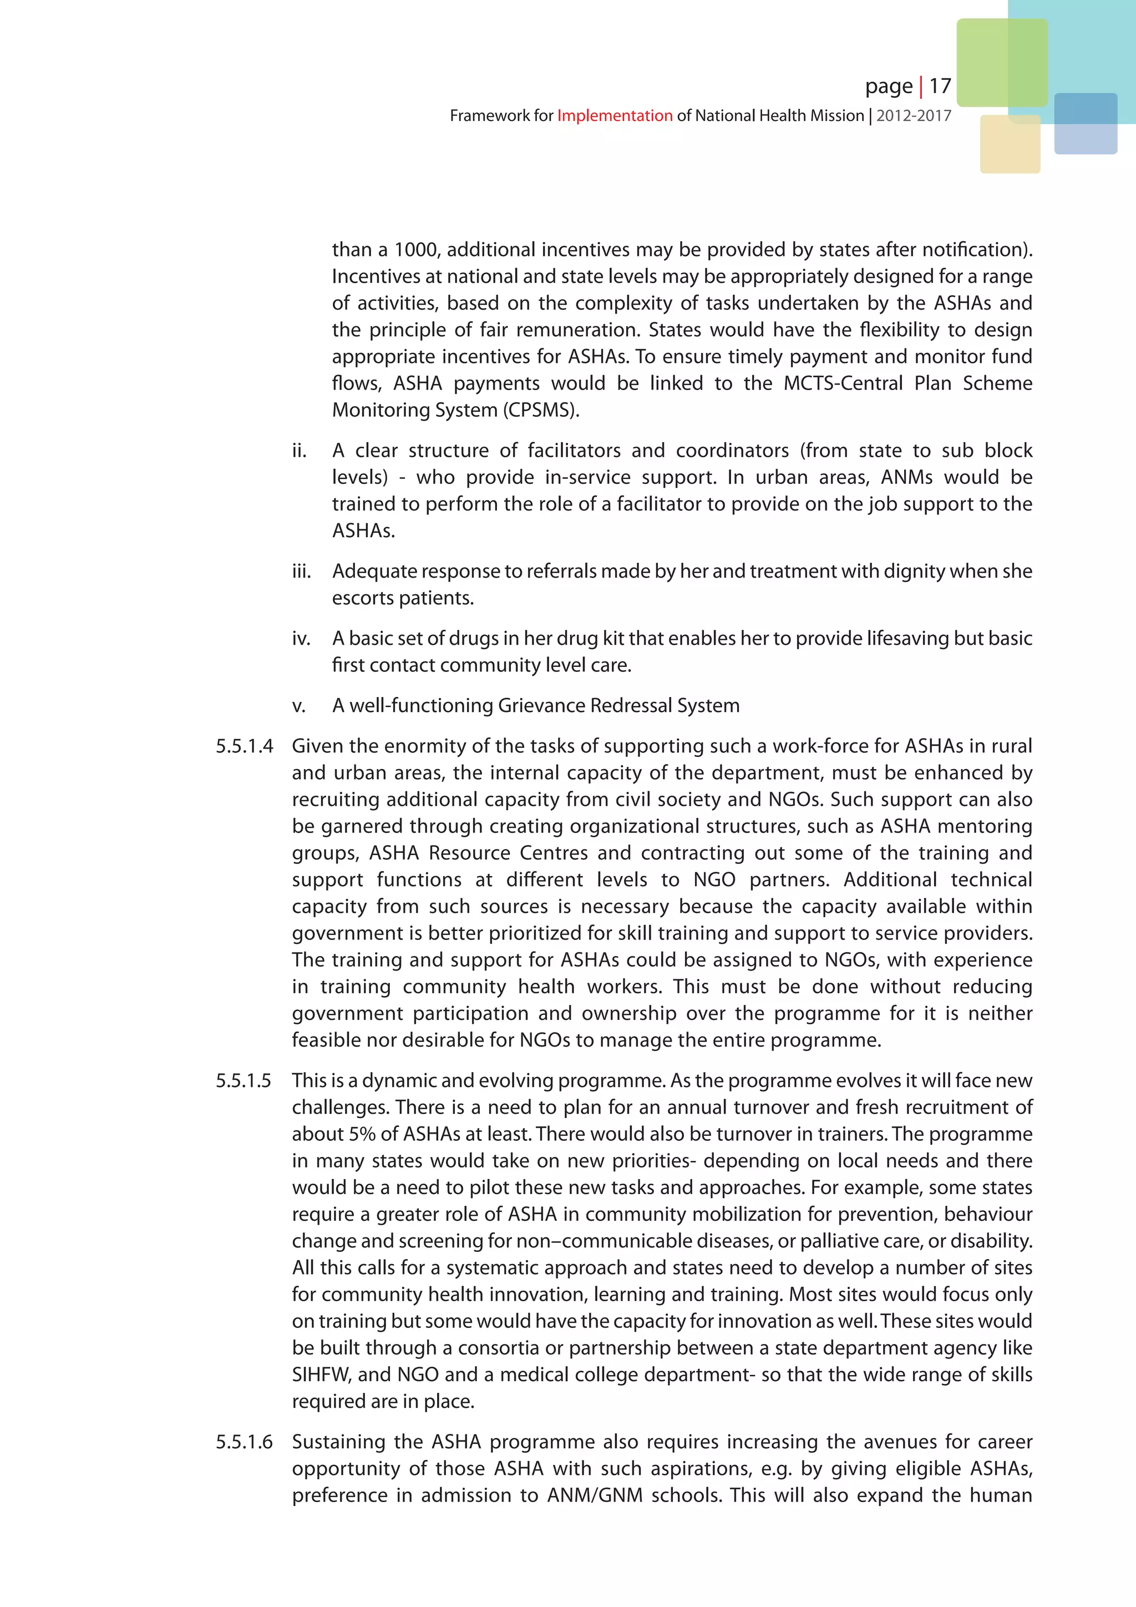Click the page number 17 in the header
point(940,86)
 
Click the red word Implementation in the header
point(614,116)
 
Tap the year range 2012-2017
point(913,116)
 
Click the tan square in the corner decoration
point(1010,144)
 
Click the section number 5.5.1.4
point(244,746)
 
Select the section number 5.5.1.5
point(244,1080)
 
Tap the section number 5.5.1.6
point(244,1442)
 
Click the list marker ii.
point(300,451)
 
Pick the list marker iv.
point(301,638)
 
